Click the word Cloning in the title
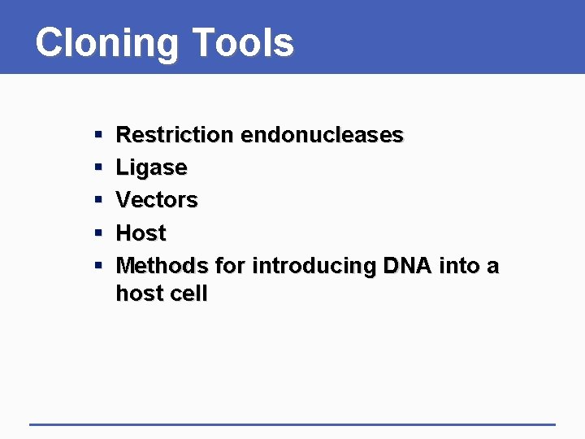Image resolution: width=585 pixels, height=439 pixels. point(106,42)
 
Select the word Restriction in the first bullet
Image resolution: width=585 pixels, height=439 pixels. point(174,135)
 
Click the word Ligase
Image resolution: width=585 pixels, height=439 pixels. point(152,168)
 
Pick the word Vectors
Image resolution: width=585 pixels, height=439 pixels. point(157,200)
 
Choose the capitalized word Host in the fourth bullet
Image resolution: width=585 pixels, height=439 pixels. point(141,233)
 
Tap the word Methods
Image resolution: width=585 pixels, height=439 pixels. point(162,266)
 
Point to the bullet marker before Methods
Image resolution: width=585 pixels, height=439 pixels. point(97,267)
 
